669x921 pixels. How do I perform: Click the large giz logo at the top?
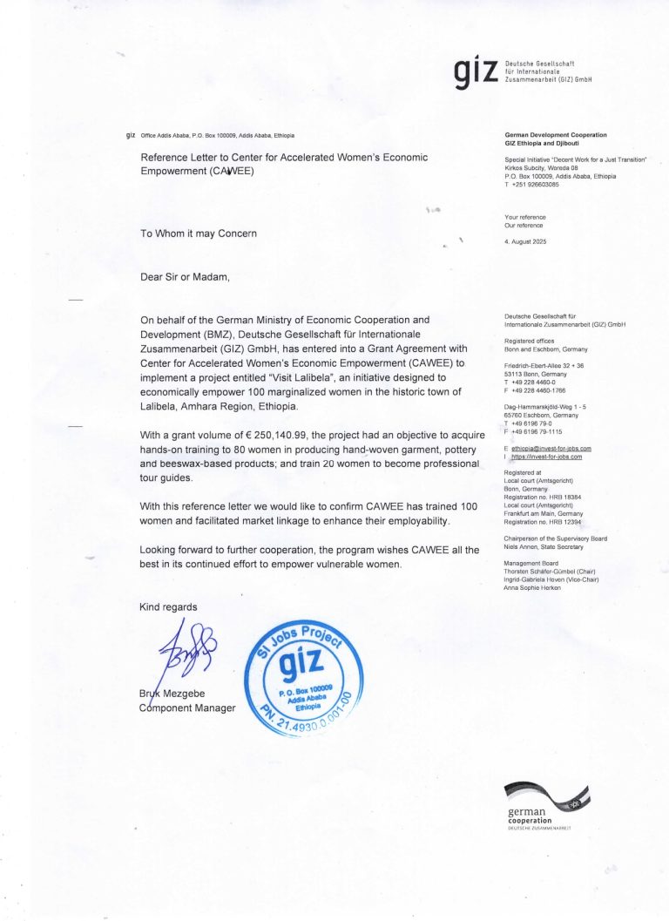click(x=475, y=73)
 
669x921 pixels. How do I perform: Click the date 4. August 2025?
click(x=525, y=240)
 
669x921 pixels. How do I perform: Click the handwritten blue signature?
click(x=185, y=649)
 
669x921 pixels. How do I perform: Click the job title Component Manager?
click(x=187, y=708)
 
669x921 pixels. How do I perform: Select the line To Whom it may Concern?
click(x=199, y=234)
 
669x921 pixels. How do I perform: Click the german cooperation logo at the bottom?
click(x=546, y=806)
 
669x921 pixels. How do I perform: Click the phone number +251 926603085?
click(x=534, y=185)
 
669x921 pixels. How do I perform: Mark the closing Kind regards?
click(x=168, y=606)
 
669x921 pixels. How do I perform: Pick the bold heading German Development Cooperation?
click(x=556, y=135)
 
